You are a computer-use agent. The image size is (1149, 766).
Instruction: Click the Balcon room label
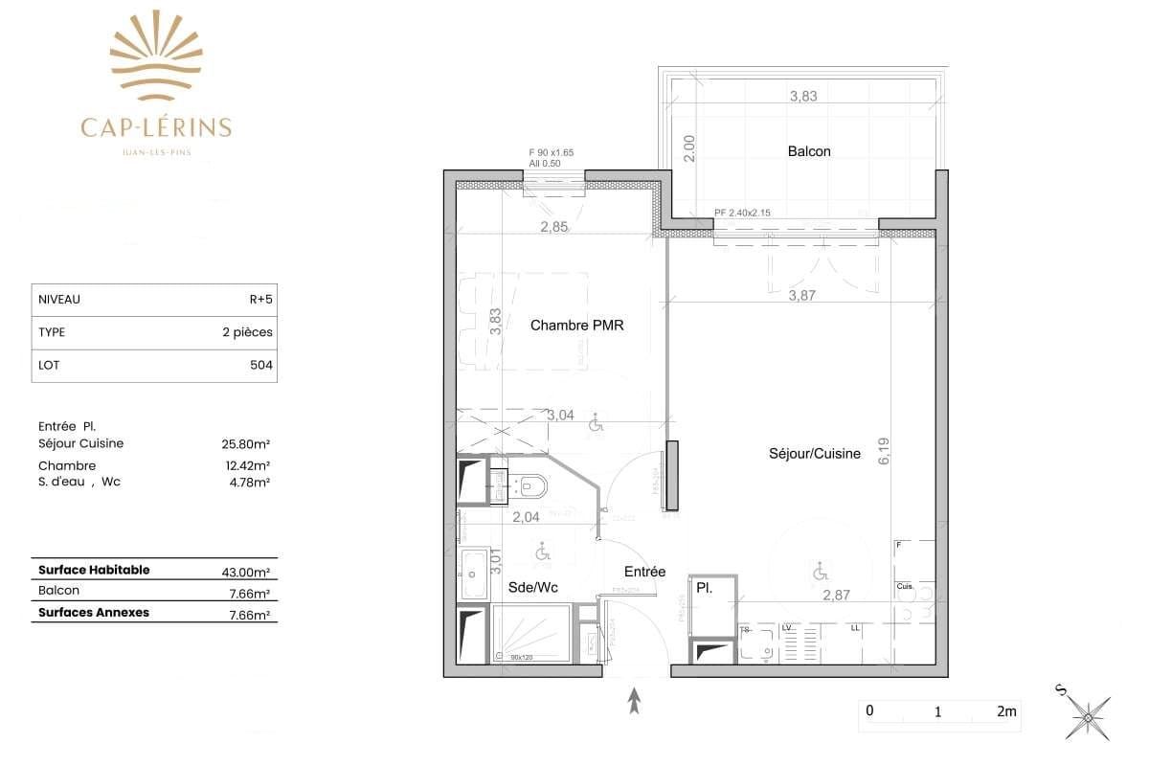coord(809,151)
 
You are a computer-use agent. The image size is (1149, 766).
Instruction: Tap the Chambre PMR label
coord(576,326)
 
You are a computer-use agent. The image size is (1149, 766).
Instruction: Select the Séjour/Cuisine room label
coord(814,454)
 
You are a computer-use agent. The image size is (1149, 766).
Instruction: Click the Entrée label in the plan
coord(645,572)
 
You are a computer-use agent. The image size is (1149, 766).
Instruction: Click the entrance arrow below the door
coord(633,702)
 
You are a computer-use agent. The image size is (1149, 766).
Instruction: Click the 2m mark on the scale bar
coord(1005,711)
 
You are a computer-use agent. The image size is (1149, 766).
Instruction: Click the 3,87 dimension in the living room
coord(801,296)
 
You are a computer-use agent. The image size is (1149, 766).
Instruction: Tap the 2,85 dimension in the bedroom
coord(553,227)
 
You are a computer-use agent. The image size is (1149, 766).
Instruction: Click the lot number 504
coord(260,365)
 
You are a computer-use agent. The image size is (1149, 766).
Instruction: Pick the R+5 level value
coord(259,299)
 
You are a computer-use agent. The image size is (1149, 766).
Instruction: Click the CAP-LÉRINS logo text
coord(156,126)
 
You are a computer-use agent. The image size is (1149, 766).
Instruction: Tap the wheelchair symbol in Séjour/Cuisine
coord(820,573)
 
